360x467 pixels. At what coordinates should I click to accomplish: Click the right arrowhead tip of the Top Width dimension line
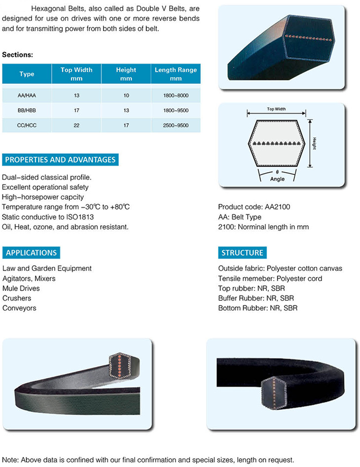[x=306, y=113]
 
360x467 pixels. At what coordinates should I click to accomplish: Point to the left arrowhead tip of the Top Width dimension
[x=247, y=113]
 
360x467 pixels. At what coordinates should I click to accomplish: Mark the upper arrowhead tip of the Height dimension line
[x=310, y=120]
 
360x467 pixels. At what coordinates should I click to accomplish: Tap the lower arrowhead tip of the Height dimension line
[x=310, y=167]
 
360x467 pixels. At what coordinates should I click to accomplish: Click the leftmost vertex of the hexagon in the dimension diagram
[x=248, y=144]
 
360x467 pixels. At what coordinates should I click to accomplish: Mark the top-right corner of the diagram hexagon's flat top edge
[x=297, y=121]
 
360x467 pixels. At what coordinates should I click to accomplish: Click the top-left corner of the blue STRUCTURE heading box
[x=218, y=247]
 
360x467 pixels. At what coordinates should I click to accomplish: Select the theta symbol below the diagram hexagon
[x=277, y=172]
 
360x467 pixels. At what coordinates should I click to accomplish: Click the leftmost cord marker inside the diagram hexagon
[x=254, y=144]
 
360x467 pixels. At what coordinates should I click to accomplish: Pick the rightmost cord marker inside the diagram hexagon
[x=299, y=144]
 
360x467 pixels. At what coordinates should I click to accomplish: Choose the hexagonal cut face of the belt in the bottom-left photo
[x=119, y=366]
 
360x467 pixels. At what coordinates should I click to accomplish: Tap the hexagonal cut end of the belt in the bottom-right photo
[x=274, y=393]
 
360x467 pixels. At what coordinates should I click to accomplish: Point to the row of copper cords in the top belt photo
[x=308, y=38]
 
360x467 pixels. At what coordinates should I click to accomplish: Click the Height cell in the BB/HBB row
[x=126, y=110]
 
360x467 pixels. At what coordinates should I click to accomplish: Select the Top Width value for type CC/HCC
[x=76, y=125]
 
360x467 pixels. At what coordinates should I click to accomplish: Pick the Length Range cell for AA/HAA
[x=176, y=96]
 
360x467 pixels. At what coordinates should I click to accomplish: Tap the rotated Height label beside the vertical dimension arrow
[x=315, y=144]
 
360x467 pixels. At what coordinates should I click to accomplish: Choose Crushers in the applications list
[x=17, y=298]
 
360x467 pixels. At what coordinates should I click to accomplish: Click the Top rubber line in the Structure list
[x=252, y=288]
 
